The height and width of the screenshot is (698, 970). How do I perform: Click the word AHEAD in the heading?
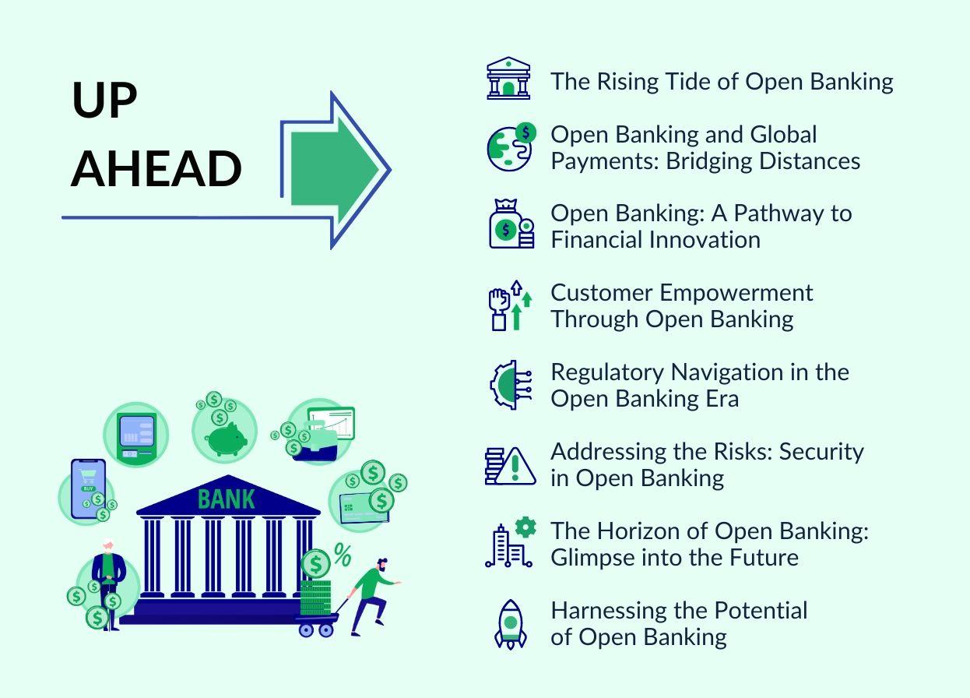click(x=156, y=168)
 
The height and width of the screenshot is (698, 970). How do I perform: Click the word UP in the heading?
click(x=104, y=100)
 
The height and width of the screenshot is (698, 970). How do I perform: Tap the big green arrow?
click(x=334, y=169)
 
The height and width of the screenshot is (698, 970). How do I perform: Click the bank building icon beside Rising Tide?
click(x=508, y=79)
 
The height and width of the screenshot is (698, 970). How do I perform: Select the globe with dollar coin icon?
click(x=511, y=147)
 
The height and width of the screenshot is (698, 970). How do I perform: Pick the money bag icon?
click(x=511, y=224)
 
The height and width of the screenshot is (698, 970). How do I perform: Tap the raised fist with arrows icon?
click(x=510, y=305)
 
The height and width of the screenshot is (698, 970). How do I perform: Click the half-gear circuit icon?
click(x=511, y=385)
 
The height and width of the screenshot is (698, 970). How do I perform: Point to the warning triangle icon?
click(x=515, y=466)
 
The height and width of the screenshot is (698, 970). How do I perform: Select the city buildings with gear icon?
click(x=511, y=542)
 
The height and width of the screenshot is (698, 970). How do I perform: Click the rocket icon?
click(x=511, y=624)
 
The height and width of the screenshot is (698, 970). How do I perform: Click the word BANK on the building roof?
click(x=226, y=499)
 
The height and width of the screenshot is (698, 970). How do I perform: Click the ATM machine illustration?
click(x=136, y=438)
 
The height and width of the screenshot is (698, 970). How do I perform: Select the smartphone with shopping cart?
click(x=88, y=488)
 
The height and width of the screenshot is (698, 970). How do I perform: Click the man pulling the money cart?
click(x=373, y=597)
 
